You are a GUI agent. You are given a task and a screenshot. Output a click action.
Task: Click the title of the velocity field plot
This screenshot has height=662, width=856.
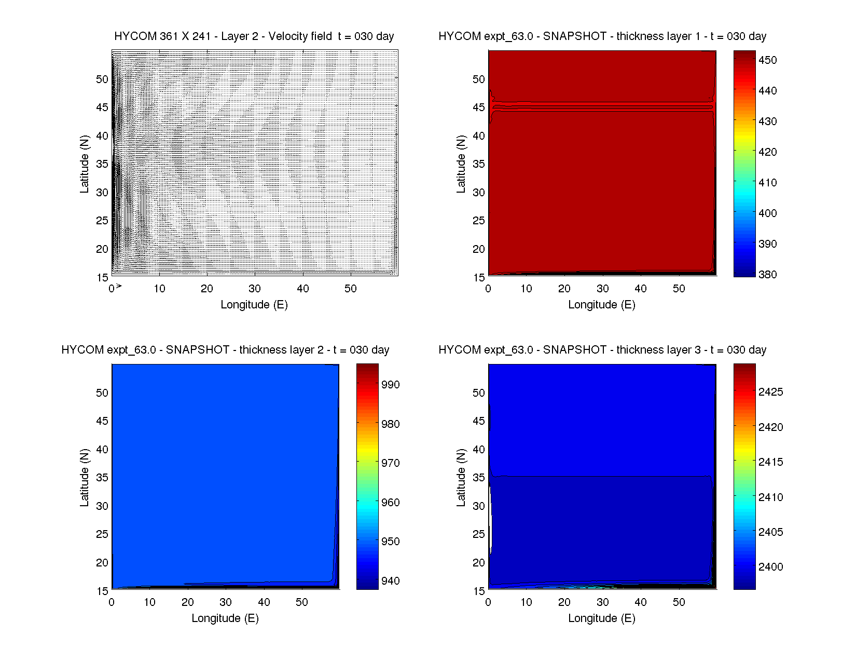(x=254, y=36)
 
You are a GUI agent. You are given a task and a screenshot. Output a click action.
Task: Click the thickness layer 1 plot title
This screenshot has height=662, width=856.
(x=602, y=36)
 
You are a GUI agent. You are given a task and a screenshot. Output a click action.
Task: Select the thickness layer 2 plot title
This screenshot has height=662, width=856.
(x=225, y=350)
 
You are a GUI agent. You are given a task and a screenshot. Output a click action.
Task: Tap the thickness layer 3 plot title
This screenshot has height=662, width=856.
(x=602, y=350)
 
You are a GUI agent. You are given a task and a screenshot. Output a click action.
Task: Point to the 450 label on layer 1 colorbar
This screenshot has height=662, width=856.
(x=767, y=60)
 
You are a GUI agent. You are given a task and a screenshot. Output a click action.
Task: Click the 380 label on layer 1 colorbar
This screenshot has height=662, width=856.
(x=767, y=275)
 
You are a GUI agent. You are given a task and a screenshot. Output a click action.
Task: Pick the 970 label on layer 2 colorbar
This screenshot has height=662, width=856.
(x=390, y=463)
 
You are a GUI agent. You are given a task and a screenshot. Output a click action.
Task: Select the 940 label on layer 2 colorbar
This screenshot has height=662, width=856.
(x=390, y=581)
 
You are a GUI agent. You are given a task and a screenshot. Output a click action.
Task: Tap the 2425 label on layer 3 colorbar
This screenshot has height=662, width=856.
(x=770, y=392)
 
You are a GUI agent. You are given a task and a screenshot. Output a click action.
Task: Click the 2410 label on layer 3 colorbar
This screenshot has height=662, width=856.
(x=770, y=497)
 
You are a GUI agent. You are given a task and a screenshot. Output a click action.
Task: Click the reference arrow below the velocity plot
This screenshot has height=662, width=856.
(x=118, y=286)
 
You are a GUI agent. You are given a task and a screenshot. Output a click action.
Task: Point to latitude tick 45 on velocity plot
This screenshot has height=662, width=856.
(x=102, y=107)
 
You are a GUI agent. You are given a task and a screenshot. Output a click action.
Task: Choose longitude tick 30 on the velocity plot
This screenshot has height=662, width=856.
(x=255, y=289)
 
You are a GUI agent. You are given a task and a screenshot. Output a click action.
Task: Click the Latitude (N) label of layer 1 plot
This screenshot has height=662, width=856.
(x=461, y=164)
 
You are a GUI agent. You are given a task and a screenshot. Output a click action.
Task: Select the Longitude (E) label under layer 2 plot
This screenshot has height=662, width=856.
(x=225, y=618)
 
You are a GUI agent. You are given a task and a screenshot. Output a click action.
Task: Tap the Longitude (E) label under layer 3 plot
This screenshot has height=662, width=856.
(x=602, y=618)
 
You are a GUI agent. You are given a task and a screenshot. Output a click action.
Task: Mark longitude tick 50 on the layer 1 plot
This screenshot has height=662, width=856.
(x=679, y=289)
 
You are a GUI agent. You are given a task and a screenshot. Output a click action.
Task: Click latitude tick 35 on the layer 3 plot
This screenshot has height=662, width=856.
(x=479, y=478)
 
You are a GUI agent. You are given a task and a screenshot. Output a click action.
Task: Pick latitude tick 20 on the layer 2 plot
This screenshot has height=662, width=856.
(x=102, y=563)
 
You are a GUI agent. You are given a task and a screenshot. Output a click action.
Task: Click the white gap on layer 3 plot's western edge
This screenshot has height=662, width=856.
(x=491, y=524)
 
